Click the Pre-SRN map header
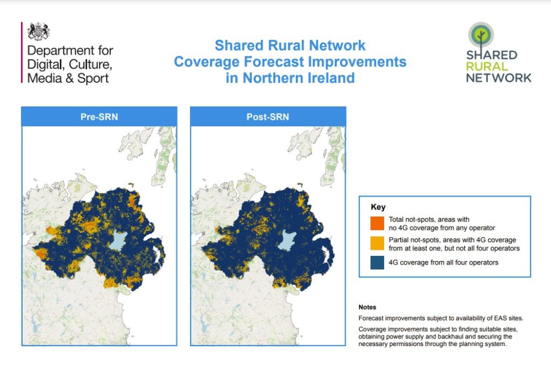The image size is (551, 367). click(99, 117)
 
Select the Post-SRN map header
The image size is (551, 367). click(268, 117)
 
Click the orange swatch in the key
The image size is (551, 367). click(379, 222)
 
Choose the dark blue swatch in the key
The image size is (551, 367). click(379, 262)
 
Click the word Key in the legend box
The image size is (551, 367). click(378, 207)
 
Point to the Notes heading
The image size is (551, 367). click(368, 307)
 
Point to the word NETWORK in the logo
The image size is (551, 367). click(498, 77)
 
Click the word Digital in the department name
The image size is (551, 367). click(45, 65)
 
